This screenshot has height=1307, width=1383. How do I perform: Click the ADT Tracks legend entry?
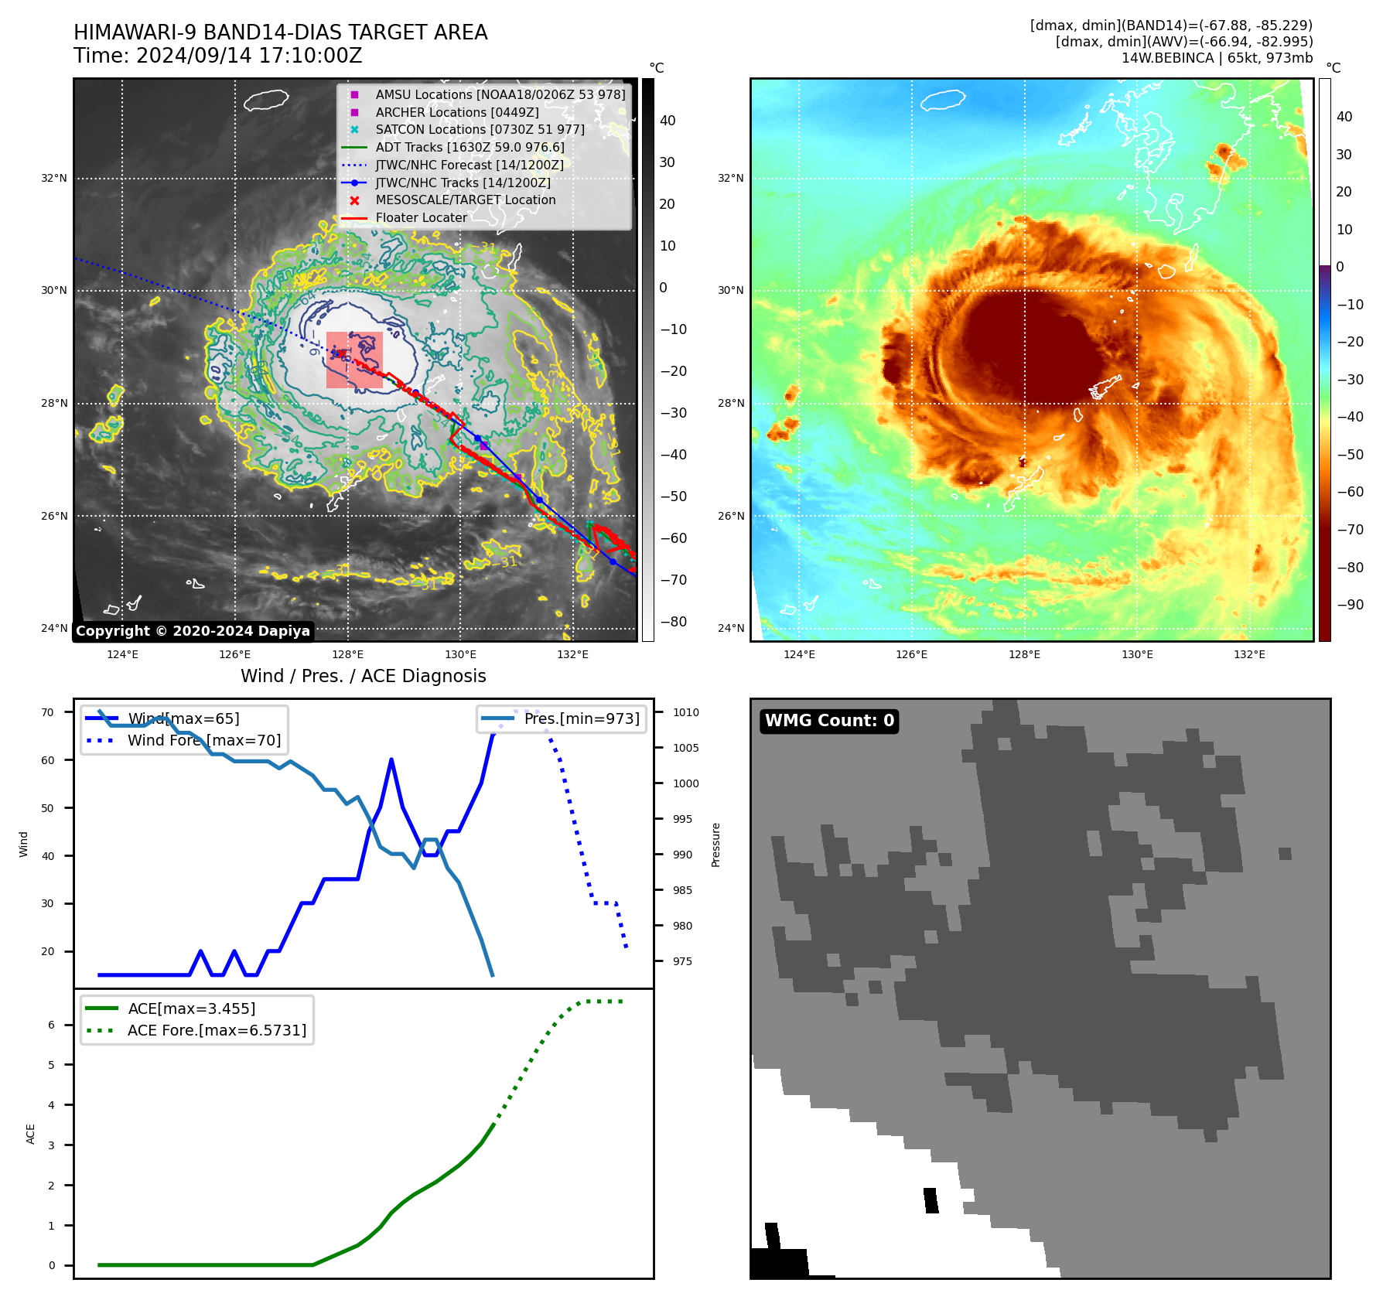[x=470, y=147]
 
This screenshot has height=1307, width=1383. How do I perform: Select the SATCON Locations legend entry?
[x=480, y=130]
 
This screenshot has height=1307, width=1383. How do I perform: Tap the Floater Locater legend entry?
[x=421, y=218]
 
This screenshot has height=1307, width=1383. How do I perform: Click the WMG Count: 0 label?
[x=829, y=721]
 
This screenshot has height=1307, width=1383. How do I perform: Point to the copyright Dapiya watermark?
[x=193, y=631]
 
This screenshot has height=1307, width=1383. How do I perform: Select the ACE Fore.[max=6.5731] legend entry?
[x=217, y=1030]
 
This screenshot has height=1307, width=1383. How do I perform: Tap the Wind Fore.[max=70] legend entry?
[x=204, y=740]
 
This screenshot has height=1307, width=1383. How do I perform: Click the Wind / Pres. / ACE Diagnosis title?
[x=363, y=676]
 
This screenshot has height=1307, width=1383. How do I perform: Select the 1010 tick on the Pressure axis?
[x=685, y=712]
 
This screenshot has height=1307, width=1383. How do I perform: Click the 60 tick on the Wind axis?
[x=48, y=760]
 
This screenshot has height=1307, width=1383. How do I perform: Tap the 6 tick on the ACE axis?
[x=52, y=1025]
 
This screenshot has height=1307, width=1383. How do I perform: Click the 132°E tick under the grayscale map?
[x=572, y=654]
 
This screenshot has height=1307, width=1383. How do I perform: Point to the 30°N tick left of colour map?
[x=731, y=291]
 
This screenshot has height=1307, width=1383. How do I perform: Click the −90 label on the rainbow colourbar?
[x=1350, y=605]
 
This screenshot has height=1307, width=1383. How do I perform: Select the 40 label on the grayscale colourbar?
[x=668, y=121]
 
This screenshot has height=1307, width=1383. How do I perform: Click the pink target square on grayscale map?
[x=354, y=360]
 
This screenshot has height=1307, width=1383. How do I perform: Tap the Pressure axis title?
[x=715, y=845]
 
